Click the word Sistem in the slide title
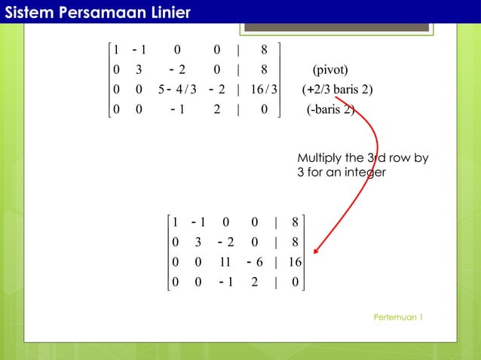(28, 12)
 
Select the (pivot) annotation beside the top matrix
(330, 71)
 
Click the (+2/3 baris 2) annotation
(337, 90)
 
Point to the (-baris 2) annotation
(330, 110)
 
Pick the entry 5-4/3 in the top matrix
(178, 90)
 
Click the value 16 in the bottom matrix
(294, 263)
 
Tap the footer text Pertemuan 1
(398, 317)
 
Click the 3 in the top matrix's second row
(139, 71)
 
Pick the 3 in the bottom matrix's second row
(198, 243)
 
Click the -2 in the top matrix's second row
(178, 71)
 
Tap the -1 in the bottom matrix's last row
(224, 282)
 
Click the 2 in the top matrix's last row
(217, 110)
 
